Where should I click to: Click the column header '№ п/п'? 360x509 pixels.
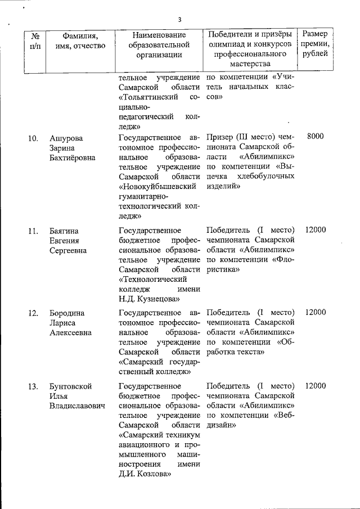(x=35, y=40)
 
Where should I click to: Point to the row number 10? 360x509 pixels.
(x=34, y=138)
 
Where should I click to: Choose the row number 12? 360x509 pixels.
(x=34, y=313)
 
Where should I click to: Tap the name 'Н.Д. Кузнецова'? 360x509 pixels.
(x=150, y=299)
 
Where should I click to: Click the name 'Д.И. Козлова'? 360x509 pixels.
(x=145, y=474)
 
